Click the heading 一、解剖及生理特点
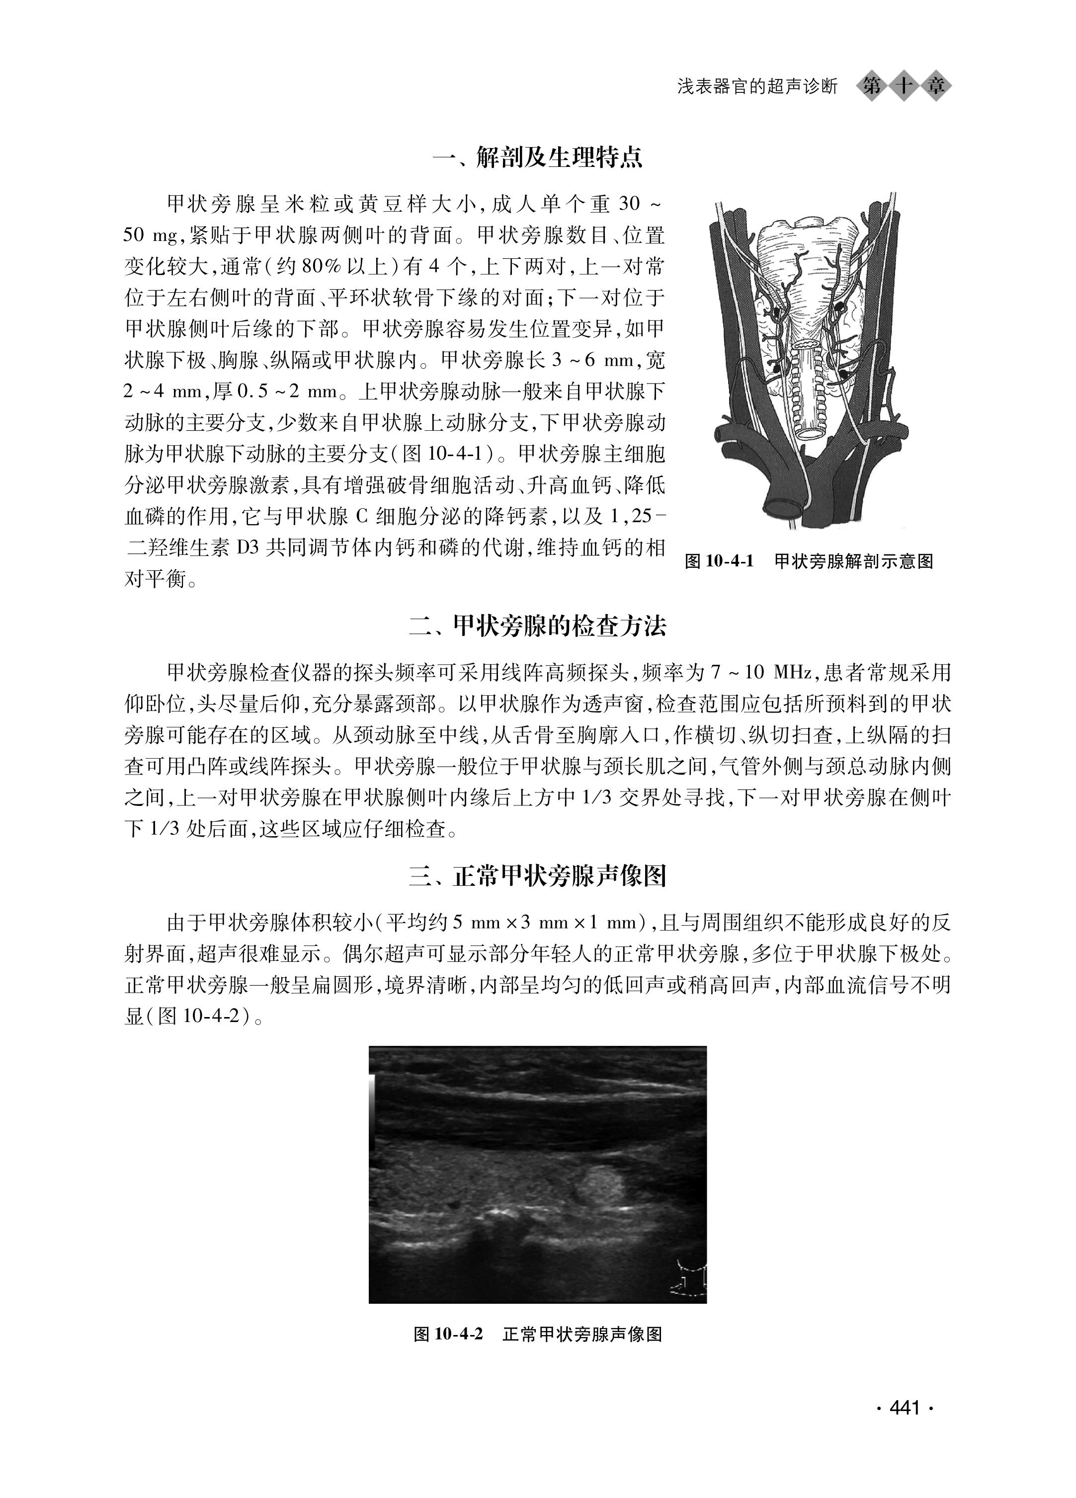(537, 158)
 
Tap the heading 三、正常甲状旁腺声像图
(537, 876)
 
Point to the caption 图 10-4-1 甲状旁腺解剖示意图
(809, 561)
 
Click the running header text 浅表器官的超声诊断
(757, 86)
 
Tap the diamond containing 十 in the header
(903, 86)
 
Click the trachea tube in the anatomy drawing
(810, 396)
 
